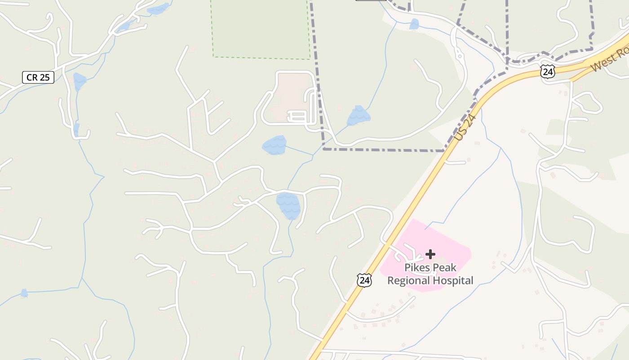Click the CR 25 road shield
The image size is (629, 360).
click(x=38, y=77)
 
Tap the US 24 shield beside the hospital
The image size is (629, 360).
click(x=365, y=280)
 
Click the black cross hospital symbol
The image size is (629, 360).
click(x=430, y=254)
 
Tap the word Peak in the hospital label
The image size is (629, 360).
click(x=444, y=268)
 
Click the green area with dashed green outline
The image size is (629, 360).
click(x=261, y=27)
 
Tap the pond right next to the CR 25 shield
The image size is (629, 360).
click(x=80, y=81)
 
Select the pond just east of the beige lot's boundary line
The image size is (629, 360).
click(x=359, y=116)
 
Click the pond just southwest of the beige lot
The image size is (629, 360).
click(x=274, y=145)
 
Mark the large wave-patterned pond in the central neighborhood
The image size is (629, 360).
click(x=288, y=205)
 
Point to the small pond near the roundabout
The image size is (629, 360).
click(x=414, y=24)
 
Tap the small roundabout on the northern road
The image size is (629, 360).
click(x=459, y=56)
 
